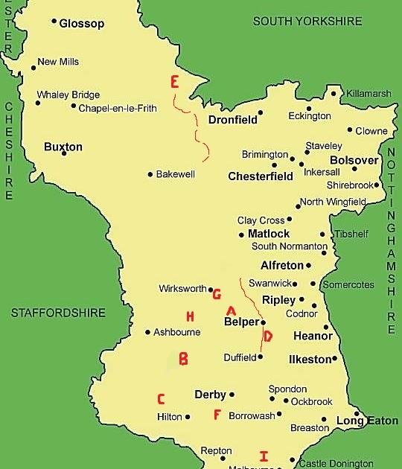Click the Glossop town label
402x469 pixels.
[x=82, y=23]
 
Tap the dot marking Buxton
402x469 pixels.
[x=64, y=153]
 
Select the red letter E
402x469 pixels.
[x=175, y=82]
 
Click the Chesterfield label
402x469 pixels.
[x=261, y=176]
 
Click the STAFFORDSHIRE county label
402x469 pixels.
[x=58, y=313]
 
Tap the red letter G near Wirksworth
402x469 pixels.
[x=217, y=294]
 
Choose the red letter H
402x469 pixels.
[x=190, y=316]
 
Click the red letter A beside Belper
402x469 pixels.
[x=231, y=310]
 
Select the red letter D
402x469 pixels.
[x=268, y=336]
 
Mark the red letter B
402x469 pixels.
[x=183, y=360]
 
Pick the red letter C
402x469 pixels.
[x=161, y=399]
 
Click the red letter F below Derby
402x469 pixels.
[x=217, y=415]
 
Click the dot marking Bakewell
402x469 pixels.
[x=150, y=174]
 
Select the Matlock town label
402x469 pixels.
[x=269, y=234]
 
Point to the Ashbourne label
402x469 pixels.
[x=177, y=332]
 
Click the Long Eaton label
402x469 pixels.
[x=367, y=421]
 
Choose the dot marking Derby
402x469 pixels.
[x=232, y=395]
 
